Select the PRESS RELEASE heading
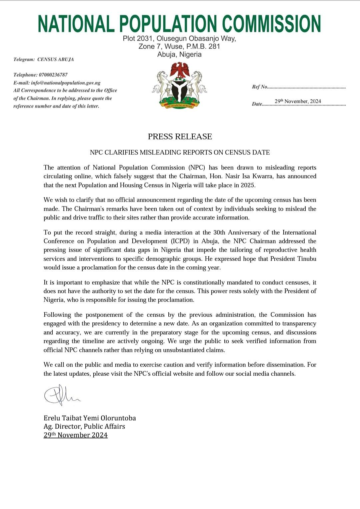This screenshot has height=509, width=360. coord(180,137)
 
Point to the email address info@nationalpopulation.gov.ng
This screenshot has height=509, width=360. coord(66,83)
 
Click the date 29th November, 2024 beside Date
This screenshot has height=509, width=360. coord(298,101)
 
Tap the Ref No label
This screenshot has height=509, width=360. coord(260,87)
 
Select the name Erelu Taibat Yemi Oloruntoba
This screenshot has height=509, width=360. coord(90,418)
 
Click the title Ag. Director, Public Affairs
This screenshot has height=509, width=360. coord(84,426)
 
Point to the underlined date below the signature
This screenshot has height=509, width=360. coord(76,435)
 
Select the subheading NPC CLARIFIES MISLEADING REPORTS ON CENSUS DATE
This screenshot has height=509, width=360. coord(180,152)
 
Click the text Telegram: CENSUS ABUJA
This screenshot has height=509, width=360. coord(44,59)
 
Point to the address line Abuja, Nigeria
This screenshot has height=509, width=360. coord(179,54)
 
